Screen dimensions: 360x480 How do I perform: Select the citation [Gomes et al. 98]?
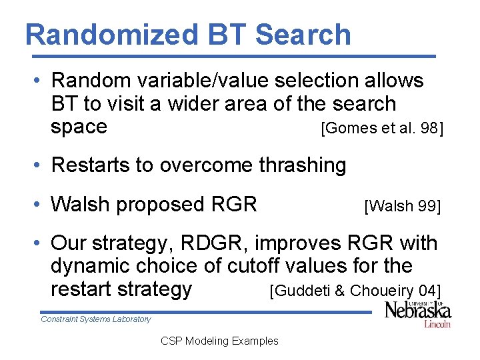381,128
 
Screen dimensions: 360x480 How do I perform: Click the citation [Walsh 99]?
402,206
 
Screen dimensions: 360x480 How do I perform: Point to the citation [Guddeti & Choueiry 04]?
354,291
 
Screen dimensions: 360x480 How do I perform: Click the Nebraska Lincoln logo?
417,314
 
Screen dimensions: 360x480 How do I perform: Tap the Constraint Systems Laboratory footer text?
96,319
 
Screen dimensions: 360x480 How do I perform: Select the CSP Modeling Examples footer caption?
219,341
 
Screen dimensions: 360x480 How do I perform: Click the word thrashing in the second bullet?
302,165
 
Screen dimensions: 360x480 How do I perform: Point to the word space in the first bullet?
79,127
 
